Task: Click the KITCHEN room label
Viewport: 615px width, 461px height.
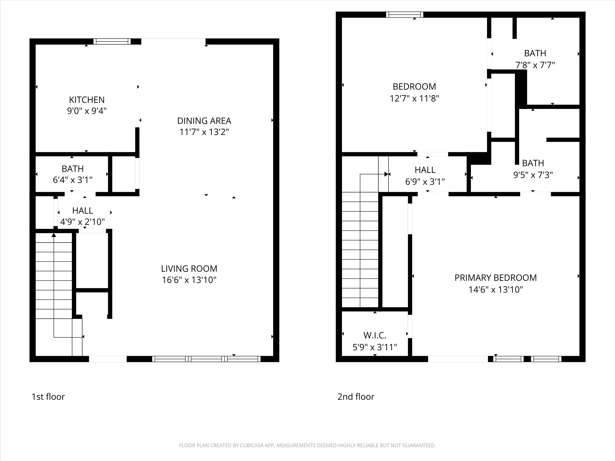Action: point(87,100)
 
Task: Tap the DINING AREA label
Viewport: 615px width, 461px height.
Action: point(204,121)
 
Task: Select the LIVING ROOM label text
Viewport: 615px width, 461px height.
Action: point(189,268)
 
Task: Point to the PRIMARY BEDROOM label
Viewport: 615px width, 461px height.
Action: point(495,278)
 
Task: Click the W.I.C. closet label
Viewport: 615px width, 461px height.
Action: point(375,335)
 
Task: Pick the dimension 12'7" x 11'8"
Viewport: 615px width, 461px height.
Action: point(414,98)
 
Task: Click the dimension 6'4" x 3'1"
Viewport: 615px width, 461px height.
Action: point(73,180)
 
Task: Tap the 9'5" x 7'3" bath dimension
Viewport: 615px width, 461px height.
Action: point(533,175)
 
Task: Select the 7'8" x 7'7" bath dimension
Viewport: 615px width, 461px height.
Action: point(535,65)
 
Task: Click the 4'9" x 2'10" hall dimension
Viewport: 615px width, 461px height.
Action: point(82,222)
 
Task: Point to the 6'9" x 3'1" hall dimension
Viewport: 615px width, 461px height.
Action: point(425,182)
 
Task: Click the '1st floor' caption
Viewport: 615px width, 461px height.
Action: point(48,397)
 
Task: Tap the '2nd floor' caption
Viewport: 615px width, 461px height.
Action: point(356,397)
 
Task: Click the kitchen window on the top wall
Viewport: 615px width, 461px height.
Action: point(112,41)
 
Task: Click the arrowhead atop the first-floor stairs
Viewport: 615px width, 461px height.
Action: point(54,235)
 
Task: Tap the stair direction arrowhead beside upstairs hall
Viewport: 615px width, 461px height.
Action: point(386,174)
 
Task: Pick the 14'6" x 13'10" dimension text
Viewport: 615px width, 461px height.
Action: point(495,290)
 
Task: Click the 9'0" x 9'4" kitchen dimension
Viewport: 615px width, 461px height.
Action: point(87,111)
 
